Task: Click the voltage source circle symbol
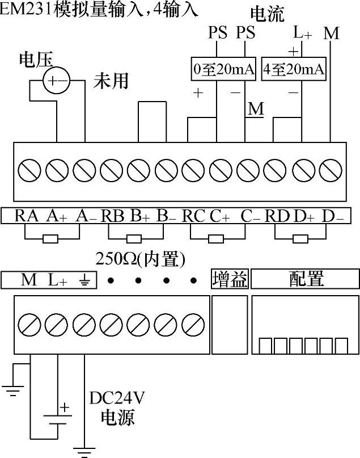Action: (56, 81)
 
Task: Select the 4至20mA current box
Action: (295, 70)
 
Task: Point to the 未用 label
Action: (111, 81)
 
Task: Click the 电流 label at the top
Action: (267, 14)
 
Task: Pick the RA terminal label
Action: (27, 216)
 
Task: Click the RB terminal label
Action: (113, 216)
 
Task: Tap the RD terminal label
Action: (278, 216)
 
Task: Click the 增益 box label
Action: (230, 279)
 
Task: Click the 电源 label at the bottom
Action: (117, 418)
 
